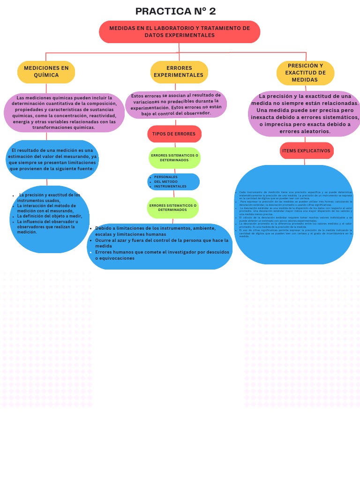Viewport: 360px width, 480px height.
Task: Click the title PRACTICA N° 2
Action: pos(175,11)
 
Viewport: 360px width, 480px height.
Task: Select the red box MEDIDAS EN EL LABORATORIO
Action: pos(180,32)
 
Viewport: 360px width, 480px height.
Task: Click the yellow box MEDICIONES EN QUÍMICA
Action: pos(46,72)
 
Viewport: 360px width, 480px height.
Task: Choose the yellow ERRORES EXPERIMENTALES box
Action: pos(179,72)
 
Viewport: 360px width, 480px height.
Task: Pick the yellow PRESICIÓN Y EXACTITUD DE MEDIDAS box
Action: pos(305,73)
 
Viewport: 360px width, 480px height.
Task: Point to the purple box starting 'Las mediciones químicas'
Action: pos(64,112)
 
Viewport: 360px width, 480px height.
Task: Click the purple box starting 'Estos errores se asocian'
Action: pos(176,104)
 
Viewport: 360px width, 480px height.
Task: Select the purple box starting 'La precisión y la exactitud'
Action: pos(305,114)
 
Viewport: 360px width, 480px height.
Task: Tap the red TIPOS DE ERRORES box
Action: pos(174,134)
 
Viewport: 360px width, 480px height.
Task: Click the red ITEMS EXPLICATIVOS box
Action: pos(306,151)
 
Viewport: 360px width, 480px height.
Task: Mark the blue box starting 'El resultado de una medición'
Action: pos(52,159)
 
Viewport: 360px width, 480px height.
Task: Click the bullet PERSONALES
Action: pos(166,177)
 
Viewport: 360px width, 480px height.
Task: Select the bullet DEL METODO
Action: pos(166,182)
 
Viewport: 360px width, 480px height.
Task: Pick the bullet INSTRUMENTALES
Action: pos(170,187)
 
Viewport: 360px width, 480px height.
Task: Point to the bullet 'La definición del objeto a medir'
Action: pos(49,216)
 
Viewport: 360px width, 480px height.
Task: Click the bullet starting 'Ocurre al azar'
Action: pos(162,243)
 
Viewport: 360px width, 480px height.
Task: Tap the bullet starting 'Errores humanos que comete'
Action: pos(162,255)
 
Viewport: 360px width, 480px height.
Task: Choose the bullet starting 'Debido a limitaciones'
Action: pos(155,231)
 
